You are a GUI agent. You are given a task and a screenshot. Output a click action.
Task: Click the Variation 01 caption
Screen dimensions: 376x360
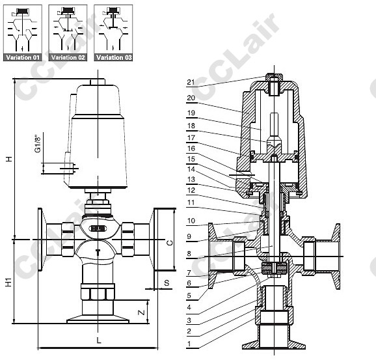tap(23, 57)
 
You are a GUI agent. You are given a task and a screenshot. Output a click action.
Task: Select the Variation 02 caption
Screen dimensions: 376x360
tap(68, 57)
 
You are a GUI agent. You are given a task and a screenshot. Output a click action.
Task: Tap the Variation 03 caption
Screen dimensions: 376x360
tap(114, 57)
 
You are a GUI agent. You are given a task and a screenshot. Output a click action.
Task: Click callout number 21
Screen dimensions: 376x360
tap(191, 82)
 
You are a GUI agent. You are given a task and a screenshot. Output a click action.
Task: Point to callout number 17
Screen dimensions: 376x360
tap(191, 138)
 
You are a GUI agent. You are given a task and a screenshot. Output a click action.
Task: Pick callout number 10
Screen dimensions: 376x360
tap(191, 221)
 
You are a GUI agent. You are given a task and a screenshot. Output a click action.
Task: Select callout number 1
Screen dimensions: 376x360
tap(189, 344)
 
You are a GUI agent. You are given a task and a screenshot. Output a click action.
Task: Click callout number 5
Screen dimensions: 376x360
tap(189, 296)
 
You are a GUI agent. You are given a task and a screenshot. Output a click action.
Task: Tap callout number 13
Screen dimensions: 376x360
tap(191, 179)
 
